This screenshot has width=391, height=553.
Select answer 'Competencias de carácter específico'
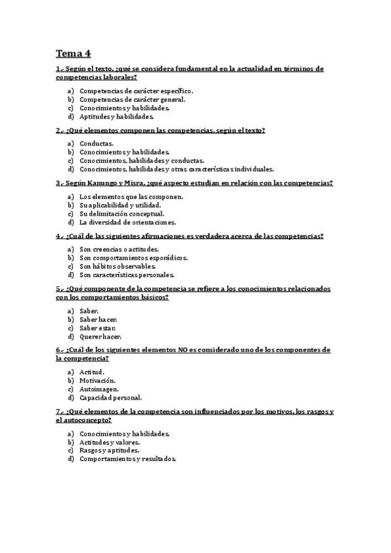tap(136, 91)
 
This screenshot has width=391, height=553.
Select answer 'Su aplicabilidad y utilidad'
tap(119, 205)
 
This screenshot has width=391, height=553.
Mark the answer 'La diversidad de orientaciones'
tap(127, 222)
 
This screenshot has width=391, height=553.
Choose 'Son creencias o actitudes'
tap(119, 249)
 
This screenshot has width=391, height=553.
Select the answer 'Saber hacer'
tap(98, 320)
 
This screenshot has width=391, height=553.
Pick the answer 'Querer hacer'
tap(101, 336)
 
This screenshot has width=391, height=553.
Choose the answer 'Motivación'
tap(97, 380)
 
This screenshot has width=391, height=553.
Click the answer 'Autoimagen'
tap(99, 389)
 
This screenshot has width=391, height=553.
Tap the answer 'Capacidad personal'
tap(110, 397)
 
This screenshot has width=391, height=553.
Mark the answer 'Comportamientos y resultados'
tap(127, 458)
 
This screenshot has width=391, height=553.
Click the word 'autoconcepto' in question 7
tap(88, 421)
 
